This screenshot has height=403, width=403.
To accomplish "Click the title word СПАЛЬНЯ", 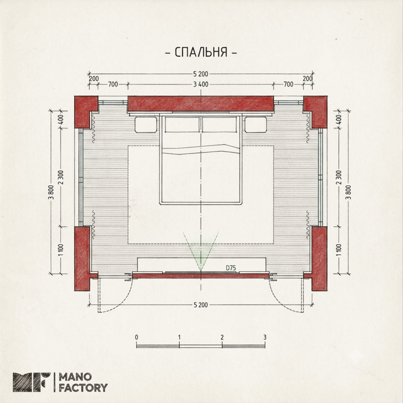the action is pos(201,52).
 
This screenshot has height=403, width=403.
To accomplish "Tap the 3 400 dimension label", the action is pos(201,84).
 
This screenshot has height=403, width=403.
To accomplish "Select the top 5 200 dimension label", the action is pos(201,74).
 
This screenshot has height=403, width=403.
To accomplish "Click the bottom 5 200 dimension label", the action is pos(201,305).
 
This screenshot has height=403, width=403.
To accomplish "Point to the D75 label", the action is pos(231,268).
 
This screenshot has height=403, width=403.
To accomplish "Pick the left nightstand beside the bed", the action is pos(146,125).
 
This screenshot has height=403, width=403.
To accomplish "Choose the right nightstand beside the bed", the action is pos(256,125).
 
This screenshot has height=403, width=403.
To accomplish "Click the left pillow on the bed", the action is pos(182,125).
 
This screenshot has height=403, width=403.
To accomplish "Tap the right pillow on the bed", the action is pos(219,125).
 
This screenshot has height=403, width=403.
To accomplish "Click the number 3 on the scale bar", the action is pos(265,337).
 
